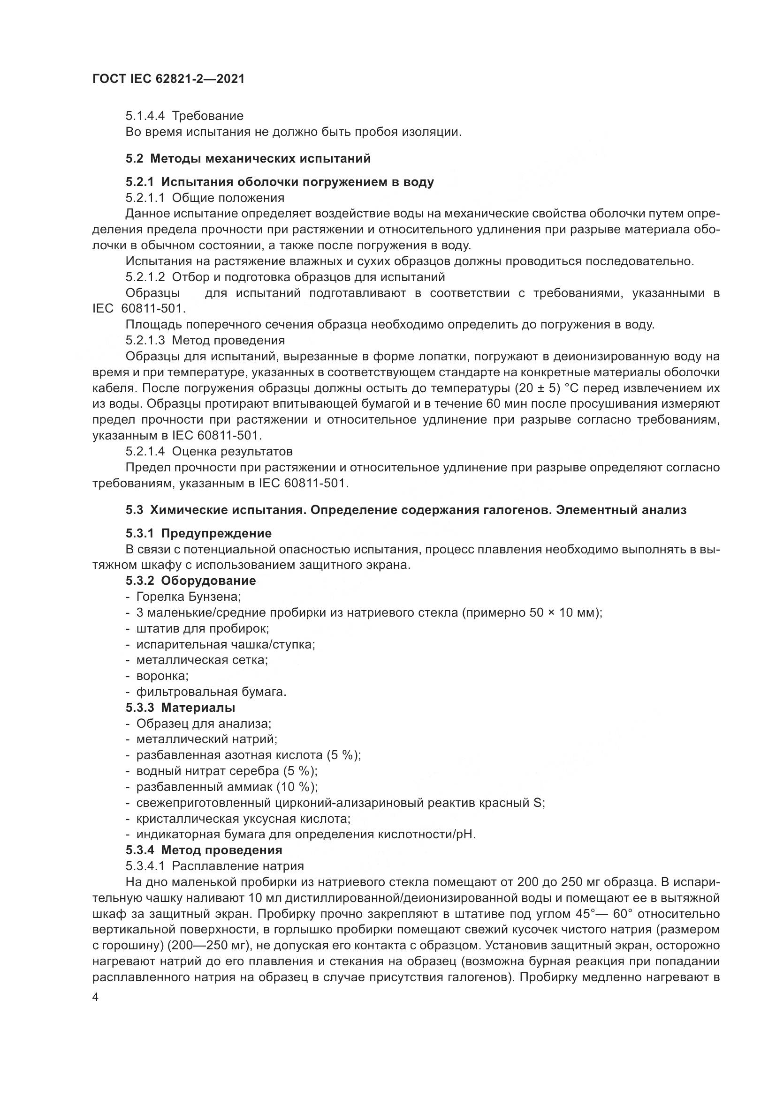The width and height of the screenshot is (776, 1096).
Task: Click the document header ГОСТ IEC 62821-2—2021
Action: click(x=168, y=79)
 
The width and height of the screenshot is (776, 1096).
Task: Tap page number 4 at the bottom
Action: click(x=96, y=998)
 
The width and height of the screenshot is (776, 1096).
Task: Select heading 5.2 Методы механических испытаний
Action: click(x=248, y=158)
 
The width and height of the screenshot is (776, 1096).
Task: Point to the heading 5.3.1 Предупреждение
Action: click(x=198, y=533)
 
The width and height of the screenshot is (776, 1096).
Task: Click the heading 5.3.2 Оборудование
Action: click(x=190, y=581)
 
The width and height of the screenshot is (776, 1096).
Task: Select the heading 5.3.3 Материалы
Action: click(x=180, y=708)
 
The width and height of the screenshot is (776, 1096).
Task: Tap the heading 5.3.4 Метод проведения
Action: click(x=204, y=850)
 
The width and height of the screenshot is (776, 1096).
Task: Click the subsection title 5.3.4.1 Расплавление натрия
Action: click(x=214, y=866)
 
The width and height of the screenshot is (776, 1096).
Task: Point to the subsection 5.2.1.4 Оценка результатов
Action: click(x=209, y=451)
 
